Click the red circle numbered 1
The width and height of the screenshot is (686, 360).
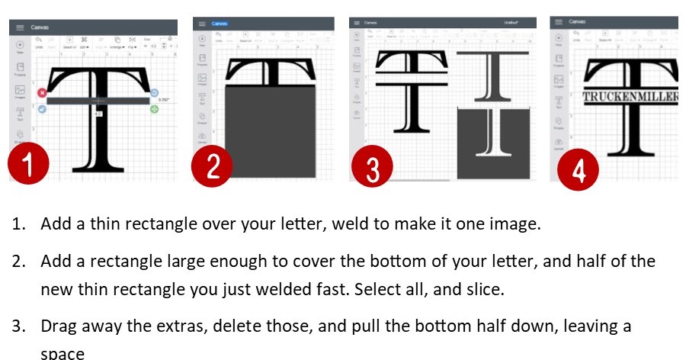click(x=29, y=165)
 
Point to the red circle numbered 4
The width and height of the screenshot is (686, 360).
click(x=579, y=169)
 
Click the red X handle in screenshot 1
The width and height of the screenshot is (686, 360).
click(x=42, y=93)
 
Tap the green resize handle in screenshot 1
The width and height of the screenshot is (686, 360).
click(x=155, y=110)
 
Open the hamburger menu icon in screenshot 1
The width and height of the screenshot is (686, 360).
click(x=20, y=27)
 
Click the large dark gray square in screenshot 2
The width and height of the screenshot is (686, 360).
click(x=271, y=131)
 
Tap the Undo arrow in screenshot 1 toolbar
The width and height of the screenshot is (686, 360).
click(x=39, y=40)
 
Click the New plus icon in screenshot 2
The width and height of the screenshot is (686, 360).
click(x=201, y=40)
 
